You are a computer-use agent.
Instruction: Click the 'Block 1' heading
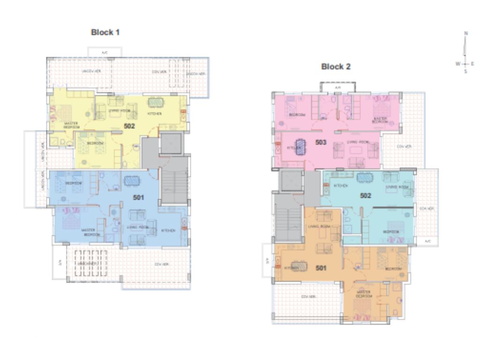(x=105, y=32)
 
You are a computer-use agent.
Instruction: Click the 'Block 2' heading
(x=336, y=67)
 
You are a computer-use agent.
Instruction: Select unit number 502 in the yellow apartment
(x=129, y=126)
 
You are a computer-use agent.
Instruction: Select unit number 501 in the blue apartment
(x=138, y=197)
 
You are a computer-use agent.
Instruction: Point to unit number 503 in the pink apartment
(x=321, y=142)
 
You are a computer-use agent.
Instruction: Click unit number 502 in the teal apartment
(x=366, y=195)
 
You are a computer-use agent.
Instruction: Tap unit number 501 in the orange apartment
(x=321, y=268)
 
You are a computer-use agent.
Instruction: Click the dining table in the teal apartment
(x=364, y=178)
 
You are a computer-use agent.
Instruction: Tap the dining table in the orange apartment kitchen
(x=300, y=266)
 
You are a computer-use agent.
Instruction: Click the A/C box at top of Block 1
(x=105, y=52)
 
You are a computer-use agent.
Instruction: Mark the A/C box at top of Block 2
(x=337, y=87)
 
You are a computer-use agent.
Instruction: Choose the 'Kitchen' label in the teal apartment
(x=340, y=186)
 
